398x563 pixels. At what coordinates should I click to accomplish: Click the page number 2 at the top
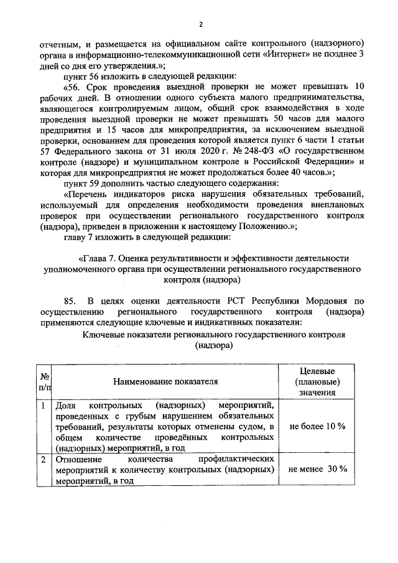click(201, 24)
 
